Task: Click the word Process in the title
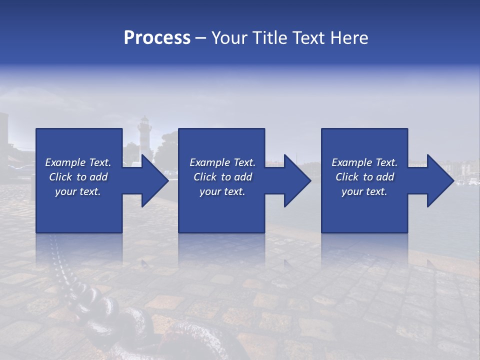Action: tap(157, 38)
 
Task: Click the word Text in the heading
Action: tap(308, 38)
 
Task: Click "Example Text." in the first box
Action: tap(78, 162)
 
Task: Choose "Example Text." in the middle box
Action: tap(222, 162)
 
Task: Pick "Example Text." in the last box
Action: tap(364, 162)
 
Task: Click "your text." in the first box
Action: tap(78, 191)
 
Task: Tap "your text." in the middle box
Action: tap(222, 191)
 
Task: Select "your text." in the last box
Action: tap(364, 191)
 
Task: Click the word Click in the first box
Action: tap(60, 177)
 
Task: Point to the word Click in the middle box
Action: tap(205, 177)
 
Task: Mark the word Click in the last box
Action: tap(347, 177)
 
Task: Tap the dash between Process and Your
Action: tap(201, 38)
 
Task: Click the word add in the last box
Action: tap(385, 177)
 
